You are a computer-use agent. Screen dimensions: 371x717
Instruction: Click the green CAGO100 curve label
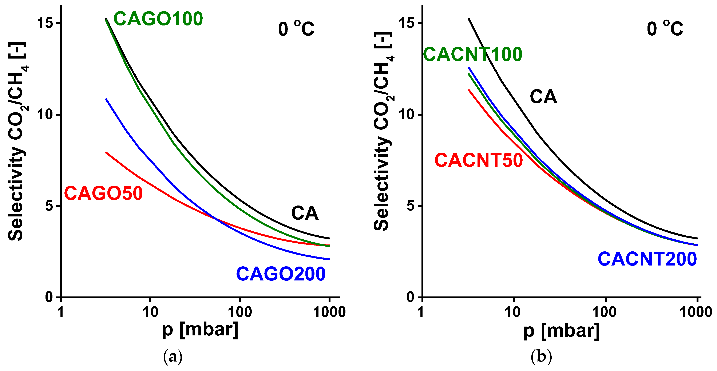coord(158,19)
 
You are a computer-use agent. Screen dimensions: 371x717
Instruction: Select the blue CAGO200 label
coord(281,274)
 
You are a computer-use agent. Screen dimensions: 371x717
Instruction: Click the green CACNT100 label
coord(472,54)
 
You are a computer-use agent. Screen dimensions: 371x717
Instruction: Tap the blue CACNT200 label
coord(647,259)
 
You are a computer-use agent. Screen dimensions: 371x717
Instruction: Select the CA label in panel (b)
coord(543,97)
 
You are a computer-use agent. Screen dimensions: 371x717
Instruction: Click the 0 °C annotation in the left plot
coord(296,29)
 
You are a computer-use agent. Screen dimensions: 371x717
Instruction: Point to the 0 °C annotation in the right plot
coord(665,29)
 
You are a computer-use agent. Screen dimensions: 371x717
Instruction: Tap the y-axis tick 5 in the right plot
coord(411,206)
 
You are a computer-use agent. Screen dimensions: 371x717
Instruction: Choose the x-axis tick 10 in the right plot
coord(512,312)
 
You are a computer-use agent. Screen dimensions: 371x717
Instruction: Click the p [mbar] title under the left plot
coord(200,330)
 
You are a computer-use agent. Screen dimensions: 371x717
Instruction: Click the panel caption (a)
coord(173,356)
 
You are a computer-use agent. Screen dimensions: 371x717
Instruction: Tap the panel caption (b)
coord(541,356)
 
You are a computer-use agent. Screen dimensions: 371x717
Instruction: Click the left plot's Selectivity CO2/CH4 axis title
coord(17,141)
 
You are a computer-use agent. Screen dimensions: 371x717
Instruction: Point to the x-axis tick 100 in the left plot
coord(240,312)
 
